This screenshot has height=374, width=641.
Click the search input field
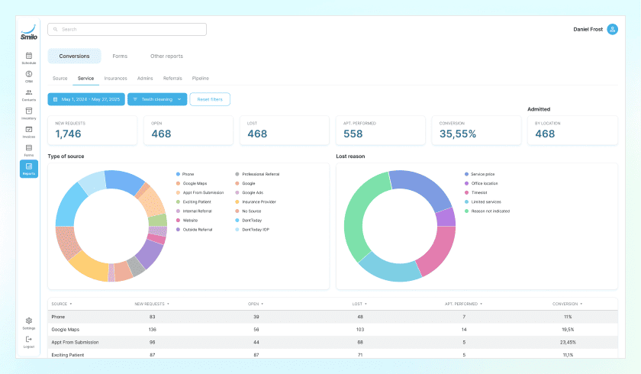127,29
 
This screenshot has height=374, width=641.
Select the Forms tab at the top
120,56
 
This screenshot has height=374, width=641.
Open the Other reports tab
166,56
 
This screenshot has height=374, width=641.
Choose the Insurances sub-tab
115,78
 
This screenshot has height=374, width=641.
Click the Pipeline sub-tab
200,78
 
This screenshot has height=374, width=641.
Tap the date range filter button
85,99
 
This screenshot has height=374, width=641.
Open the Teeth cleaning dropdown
157,99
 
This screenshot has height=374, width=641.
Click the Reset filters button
210,99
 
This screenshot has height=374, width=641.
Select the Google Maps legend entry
195,183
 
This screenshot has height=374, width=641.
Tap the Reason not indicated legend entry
491,211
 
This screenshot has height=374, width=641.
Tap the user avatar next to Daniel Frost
612,29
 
